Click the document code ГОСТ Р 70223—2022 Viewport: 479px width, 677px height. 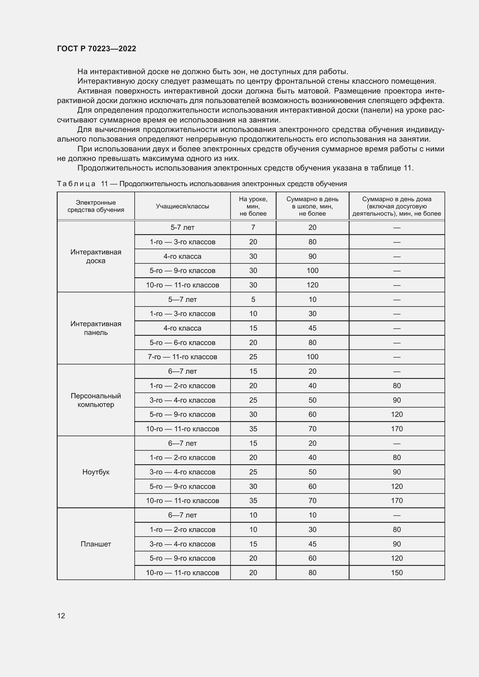click(x=96, y=49)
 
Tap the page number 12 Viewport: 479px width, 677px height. click(x=61, y=616)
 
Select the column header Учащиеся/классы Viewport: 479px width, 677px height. click(x=182, y=206)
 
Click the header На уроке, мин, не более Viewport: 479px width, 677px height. click(x=253, y=206)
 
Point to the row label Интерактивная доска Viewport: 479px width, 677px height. click(x=96, y=256)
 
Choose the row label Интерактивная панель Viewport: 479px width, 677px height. click(x=96, y=328)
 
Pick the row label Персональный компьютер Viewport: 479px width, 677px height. click(x=96, y=400)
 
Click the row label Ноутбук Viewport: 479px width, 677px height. click(x=96, y=472)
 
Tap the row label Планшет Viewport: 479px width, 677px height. click(x=96, y=544)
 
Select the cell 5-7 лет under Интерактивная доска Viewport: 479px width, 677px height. click(x=182, y=227)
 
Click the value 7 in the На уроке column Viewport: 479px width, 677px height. click(x=253, y=227)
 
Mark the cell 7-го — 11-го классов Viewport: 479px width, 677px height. click(x=182, y=357)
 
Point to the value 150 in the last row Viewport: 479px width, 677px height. click(x=397, y=573)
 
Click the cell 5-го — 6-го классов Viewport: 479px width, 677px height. click(x=182, y=343)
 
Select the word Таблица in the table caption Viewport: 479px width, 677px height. click(x=76, y=184)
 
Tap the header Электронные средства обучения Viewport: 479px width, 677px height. click(x=96, y=206)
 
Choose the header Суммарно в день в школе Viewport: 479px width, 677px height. click(x=312, y=206)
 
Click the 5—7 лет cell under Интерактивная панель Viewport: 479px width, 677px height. click(x=182, y=300)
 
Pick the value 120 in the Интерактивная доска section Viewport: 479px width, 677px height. click(x=312, y=285)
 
